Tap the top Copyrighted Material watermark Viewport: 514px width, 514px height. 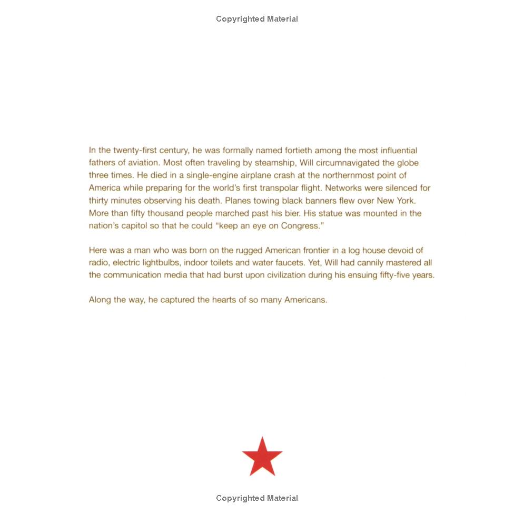coord(257,19)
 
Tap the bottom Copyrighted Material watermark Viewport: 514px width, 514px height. coord(257,498)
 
